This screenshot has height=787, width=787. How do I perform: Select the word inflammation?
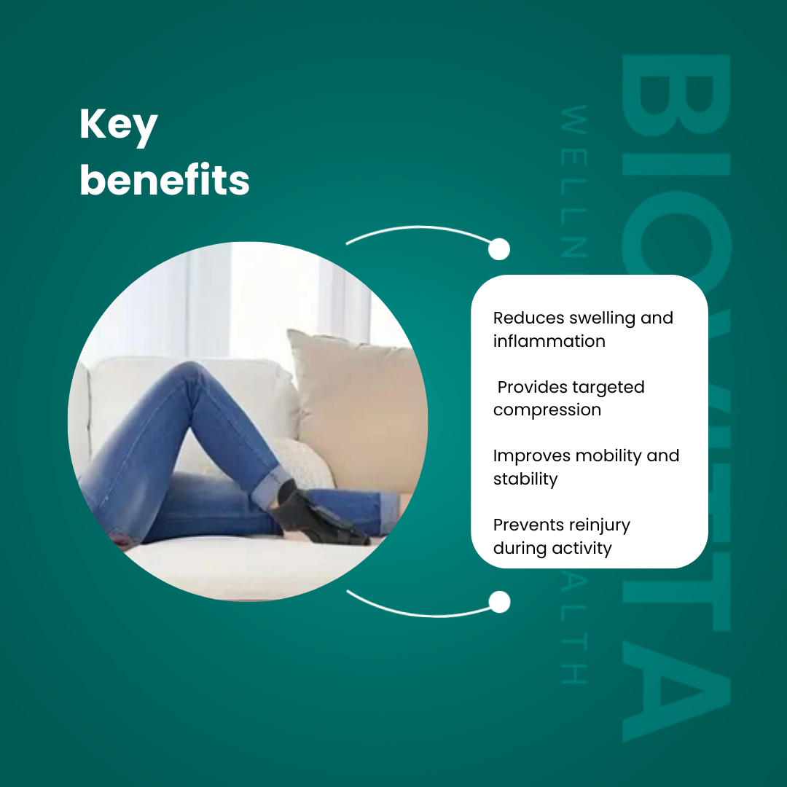[x=549, y=341]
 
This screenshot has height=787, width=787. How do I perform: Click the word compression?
[x=547, y=410]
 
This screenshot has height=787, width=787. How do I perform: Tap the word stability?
[x=525, y=479]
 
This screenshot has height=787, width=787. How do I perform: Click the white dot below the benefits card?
[x=499, y=602]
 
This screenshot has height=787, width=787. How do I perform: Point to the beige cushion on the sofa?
[x=357, y=408]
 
